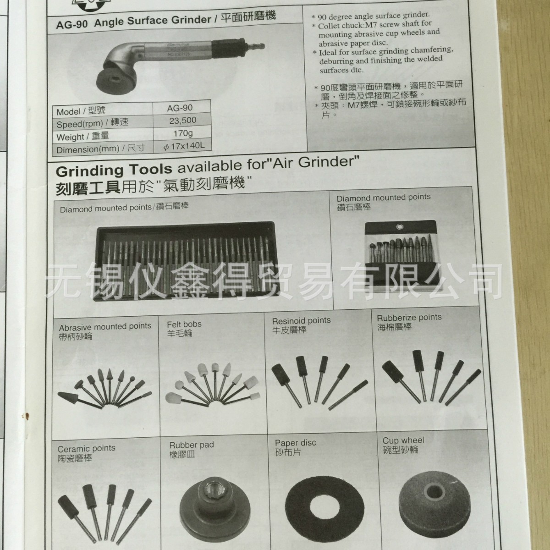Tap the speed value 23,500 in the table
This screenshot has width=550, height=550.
182,120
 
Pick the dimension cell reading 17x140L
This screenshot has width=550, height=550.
184,147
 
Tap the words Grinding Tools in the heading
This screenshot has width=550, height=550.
114,170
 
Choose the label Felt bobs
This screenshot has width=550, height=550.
184,324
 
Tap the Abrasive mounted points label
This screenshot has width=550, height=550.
105,326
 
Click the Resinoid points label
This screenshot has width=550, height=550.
301,320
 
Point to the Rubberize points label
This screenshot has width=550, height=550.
409,317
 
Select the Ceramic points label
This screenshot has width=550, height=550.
86,448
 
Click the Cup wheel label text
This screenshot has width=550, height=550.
403,440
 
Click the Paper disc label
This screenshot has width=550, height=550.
296,443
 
